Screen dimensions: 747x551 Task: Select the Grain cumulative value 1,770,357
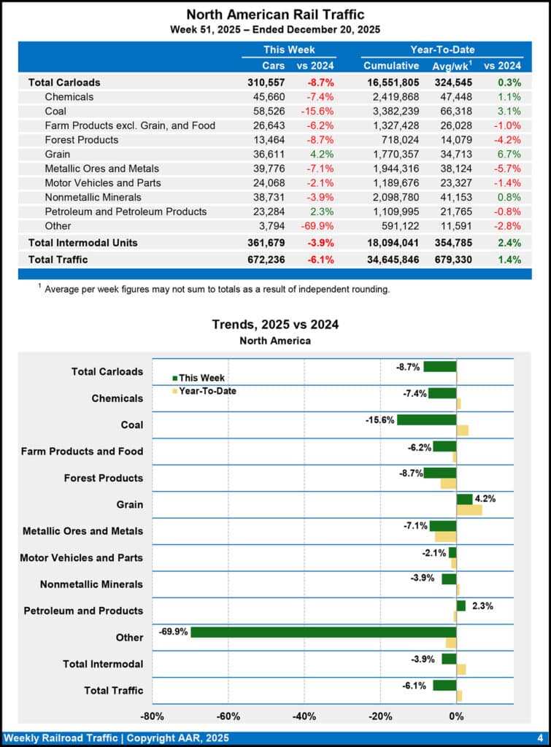pyautogui.click(x=391, y=154)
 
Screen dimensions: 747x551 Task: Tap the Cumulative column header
pyautogui.click(x=391, y=66)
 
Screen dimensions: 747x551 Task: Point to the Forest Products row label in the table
pyautogui.click(x=81, y=139)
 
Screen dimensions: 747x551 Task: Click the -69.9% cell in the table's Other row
pyautogui.click(x=317, y=225)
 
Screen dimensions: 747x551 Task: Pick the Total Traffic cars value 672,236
pyautogui.click(x=266, y=259)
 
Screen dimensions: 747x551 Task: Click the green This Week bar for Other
pyautogui.click(x=323, y=632)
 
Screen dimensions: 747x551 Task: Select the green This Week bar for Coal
pyautogui.click(x=426, y=419)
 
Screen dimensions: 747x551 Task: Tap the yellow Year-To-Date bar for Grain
pyautogui.click(x=469, y=510)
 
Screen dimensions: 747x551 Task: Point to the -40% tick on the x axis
pyautogui.click(x=304, y=716)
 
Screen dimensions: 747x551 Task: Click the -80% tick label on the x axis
pyautogui.click(x=152, y=716)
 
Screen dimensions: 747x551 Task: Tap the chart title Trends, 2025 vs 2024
pyautogui.click(x=275, y=325)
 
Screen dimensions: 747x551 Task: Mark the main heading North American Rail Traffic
pyautogui.click(x=275, y=15)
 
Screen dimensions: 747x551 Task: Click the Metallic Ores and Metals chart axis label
pyautogui.click(x=82, y=531)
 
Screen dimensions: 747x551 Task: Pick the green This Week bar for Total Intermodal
pyautogui.click(x=449, y=659)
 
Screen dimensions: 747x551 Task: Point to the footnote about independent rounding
pyautogui.click(x=217, y=289)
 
